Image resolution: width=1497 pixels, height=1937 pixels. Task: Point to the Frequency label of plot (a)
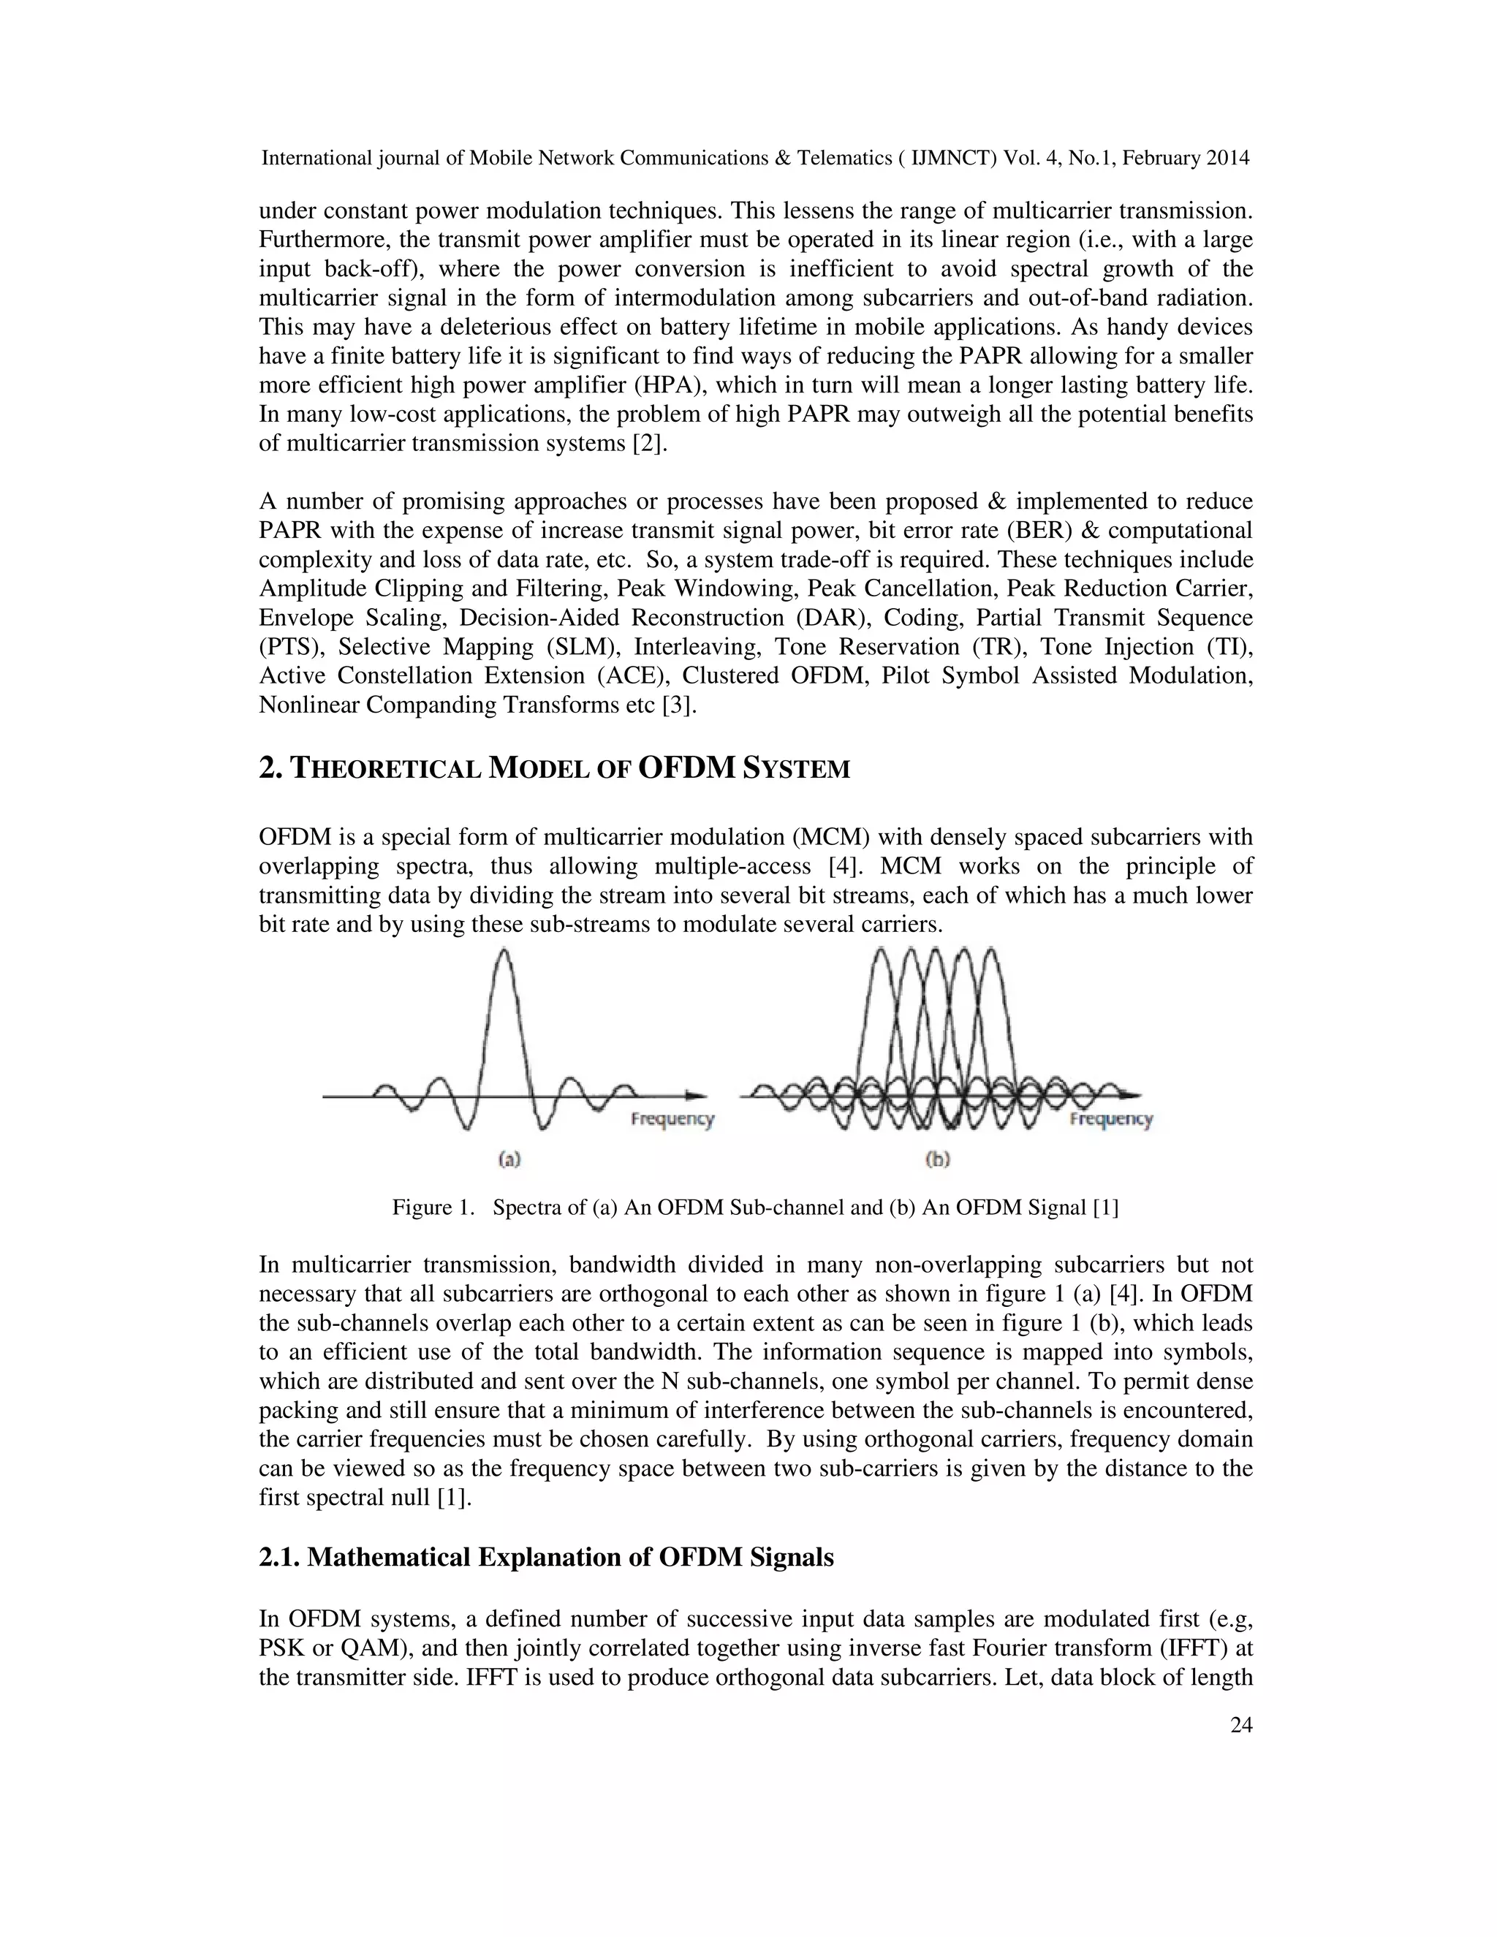pyautogui.click(x=672, y=1119)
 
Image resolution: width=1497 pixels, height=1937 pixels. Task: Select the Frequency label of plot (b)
pyautogui.click(x=1110, y=1119)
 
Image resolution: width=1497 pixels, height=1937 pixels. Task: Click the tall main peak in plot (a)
pyautogui.click(x=504, y=963)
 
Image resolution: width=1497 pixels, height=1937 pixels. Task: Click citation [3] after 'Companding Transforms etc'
pyautogui.click(x=678, y=706)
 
